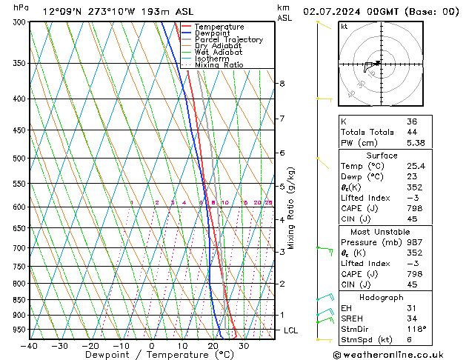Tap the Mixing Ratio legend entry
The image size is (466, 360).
click(x=219, y=65)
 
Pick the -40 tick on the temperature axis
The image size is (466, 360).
click(x=30, y=346)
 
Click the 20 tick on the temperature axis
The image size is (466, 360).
click(x=213, y=346)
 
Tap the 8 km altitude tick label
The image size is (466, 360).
click(x=282, y=84)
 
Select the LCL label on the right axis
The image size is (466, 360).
click(x=290, y=330)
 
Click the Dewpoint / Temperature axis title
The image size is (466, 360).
click(x=150, y=355)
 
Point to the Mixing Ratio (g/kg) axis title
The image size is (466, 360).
click(x=291, y=208)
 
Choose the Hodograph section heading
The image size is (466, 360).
click(x=381, y=297)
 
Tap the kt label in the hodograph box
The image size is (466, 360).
click(x=344, y=27)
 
